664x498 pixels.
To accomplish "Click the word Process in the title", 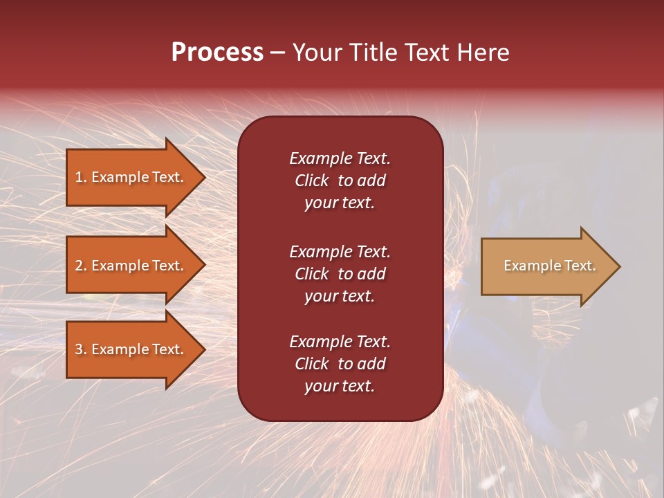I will click(217, 53).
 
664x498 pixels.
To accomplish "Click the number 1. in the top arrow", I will click(81, 177).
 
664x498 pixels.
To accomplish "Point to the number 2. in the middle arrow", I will click(81, 266).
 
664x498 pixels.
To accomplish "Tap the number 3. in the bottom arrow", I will click(81, 349).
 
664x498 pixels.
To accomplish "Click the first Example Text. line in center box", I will click(340, 158).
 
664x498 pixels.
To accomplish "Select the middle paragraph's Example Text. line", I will click(340, 252).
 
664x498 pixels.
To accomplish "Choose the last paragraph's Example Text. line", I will click(340, 342).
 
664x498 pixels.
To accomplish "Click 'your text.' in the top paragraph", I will click(340, 203).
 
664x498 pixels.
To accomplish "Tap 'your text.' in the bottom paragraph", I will click(340, 386).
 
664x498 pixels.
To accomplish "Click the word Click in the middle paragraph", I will click(311, 274).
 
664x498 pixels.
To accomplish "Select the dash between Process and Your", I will click(277, 53).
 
